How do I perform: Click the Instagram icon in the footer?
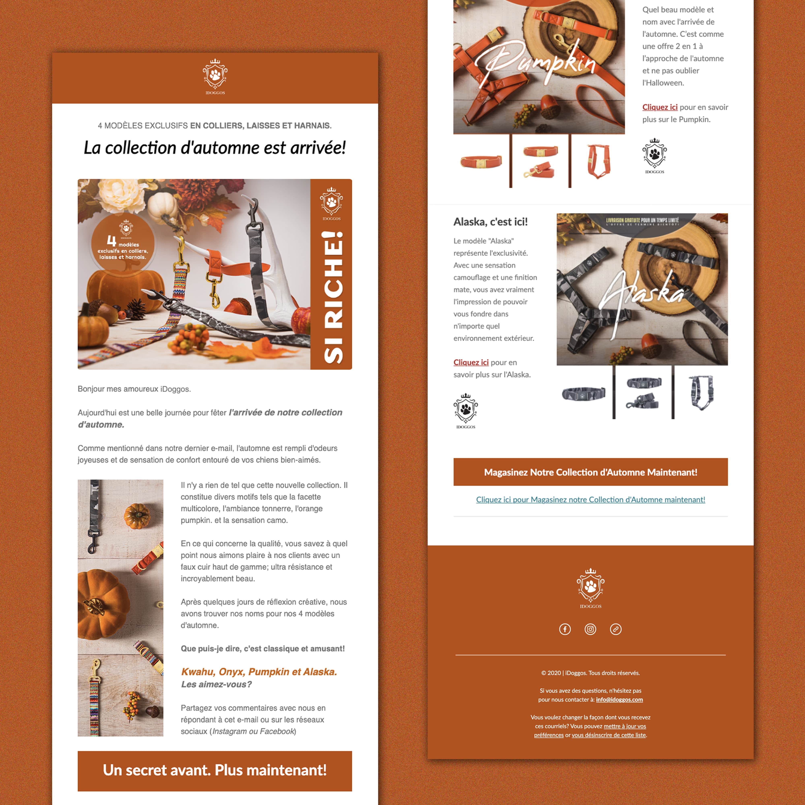point(590,629)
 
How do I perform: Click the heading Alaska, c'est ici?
point(490,222)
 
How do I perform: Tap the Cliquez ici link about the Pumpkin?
point(659,107)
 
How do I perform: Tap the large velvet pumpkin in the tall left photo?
point(102,604)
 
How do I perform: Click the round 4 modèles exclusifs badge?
point(123,244)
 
